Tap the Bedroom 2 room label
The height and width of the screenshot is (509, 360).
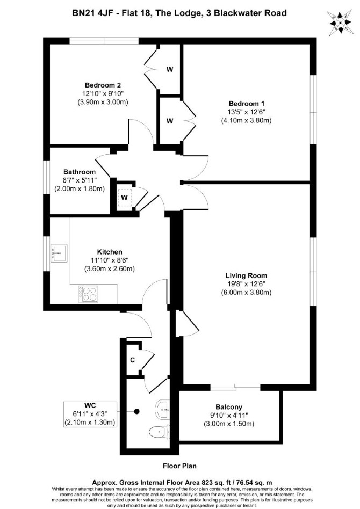[x=103, y=85]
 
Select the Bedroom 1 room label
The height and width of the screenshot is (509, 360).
[x=246, y=104]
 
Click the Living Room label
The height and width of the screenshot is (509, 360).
[x=246, y=275]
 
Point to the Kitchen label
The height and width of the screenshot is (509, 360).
[x=110, y=252]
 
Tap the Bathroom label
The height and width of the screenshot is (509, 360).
[x=80, y=172]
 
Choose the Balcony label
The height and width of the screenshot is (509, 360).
[x=229, y=407]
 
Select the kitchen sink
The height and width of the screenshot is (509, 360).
[x=59, y=253]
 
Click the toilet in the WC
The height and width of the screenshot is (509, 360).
[x=159, y=432]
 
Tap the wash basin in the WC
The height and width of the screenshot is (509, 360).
[x=162, y=409]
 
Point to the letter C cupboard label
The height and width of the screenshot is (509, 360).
[x=132, y=360]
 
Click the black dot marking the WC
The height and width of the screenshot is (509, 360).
[x=137, y=411]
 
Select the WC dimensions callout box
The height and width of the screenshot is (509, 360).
[x=90, y=414]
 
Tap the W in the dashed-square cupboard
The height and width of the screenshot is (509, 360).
[x=125, y=197]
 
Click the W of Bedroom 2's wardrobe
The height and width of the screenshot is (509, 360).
[x=170, y=69]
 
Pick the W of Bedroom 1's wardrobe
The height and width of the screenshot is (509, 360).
[x=170, y=121]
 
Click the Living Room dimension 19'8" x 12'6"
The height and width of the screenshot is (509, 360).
[x=246, y=284]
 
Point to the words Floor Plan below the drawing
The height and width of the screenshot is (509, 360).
[x=179, y=466]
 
